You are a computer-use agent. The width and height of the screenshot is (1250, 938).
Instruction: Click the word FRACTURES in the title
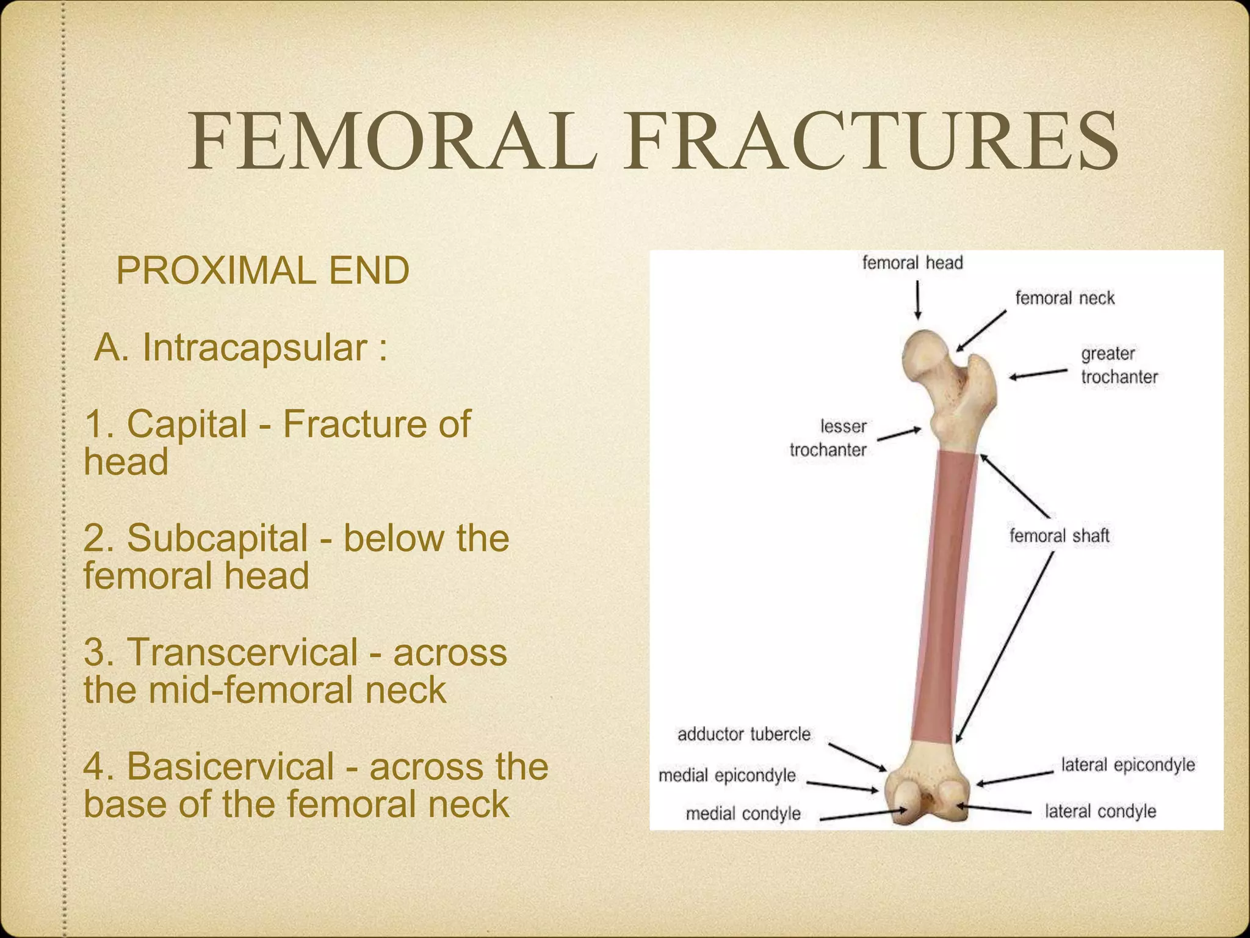871,142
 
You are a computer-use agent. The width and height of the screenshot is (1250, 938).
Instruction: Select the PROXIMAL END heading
262,271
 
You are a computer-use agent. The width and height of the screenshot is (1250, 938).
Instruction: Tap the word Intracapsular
255,348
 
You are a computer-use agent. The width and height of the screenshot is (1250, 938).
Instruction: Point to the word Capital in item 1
187,423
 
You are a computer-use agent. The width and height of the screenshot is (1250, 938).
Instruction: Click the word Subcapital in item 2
217,537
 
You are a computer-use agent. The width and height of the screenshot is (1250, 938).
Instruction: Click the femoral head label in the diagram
912,263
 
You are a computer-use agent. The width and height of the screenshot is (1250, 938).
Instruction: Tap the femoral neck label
1064,298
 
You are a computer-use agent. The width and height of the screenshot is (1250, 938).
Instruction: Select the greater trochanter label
1119,365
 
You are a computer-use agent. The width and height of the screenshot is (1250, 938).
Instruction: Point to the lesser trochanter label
829,438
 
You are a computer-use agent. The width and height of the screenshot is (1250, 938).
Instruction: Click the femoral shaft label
1059,536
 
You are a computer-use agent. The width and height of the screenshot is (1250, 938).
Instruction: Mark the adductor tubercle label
743,734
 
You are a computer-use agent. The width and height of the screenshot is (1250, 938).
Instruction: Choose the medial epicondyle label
727,776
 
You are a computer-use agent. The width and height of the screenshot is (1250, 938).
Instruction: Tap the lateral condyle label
1100,812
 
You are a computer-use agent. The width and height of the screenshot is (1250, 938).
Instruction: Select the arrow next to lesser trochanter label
900,434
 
